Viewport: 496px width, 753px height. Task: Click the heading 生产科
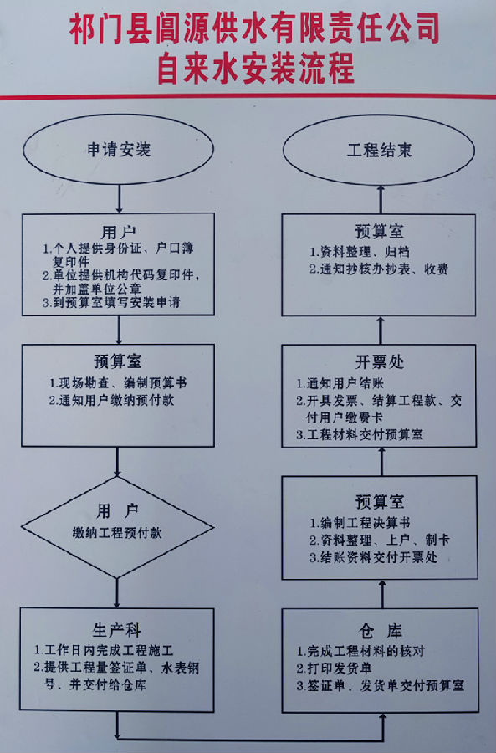[116, 630]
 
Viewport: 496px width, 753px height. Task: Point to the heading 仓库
[381, 631]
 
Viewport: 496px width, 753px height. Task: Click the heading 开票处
[380, 361]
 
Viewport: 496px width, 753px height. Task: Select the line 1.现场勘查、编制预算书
[118, 382]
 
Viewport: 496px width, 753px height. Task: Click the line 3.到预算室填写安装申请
[111, 302]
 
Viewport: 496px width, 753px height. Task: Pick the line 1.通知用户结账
[340, 383]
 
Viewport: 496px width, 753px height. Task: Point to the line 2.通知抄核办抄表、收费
[378, 269]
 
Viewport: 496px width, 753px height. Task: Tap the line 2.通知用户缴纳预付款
[111, 400]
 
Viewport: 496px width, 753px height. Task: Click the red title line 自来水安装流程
[255, 69]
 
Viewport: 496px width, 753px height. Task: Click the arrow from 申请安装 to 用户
[119, 198]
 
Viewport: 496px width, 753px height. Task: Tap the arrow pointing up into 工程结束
[381, 200]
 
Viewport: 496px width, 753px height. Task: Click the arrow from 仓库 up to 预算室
[383, 595]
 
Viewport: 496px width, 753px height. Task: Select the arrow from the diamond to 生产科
[117, 592]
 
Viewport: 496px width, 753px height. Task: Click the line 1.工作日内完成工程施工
[103, 651]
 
